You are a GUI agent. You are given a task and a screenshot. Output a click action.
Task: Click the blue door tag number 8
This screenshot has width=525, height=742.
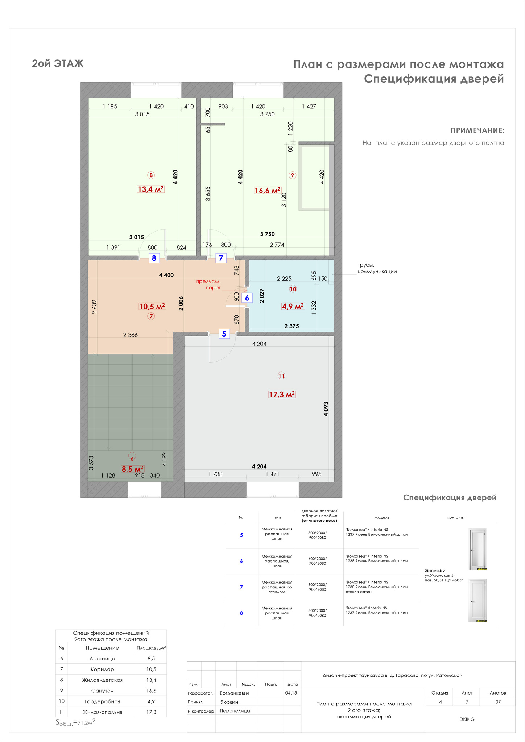pyautogui.click(x=154, y=258)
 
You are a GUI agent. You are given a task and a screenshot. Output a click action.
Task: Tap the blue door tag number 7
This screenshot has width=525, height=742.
pyautogui.click(x=221, y=258)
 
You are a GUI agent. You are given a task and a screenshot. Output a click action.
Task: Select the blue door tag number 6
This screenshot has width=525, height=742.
pyautogui.click(x=247, y=298)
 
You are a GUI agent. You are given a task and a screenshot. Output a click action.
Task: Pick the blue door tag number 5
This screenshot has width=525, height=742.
pyautogui.click(x=224, y=334)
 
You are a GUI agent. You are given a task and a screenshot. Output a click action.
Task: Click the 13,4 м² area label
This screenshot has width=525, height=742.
pyautogui.click(x=151, y=189)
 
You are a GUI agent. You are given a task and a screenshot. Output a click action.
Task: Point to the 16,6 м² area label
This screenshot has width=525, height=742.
pyautogui.click(x=268, y=191)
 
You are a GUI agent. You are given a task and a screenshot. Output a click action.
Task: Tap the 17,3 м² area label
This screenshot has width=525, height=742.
pyautogui.click(x=282, y=394)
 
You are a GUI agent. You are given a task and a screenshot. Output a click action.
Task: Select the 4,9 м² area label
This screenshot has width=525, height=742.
pyautogui.click(x=293, y=307)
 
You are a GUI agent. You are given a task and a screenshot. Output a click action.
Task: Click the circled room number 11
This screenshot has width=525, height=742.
pyautogui.click(x=281, y=376)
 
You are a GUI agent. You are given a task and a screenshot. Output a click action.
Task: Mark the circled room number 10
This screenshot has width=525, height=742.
pyautogui.click(x=293, y=289)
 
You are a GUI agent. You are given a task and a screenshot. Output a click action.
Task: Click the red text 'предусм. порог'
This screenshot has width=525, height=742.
pyautogui.click(x=208, y=284)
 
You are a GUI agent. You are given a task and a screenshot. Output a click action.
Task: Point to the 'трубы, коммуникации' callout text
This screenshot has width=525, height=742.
pyautogui.click(x=377, y=268)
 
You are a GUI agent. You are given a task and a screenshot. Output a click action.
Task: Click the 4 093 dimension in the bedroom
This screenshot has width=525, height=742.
pyautogui.click(x=326, y=409)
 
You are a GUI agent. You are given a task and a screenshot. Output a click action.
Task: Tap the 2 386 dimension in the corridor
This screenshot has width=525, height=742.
pyautogui.click(x=131, y=335)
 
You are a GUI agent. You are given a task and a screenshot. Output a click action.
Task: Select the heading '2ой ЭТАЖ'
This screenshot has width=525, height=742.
pyautogui.click(x=58, y=64)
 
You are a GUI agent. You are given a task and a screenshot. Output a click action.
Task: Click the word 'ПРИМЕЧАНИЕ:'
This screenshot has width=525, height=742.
pyautogui.click(x=478, y=130)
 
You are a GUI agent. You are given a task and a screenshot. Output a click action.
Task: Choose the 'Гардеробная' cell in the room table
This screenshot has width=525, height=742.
pyautogui.click(x=102, y=702)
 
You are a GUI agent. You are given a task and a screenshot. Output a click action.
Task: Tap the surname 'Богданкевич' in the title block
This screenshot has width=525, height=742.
pyautogui.click(x=234, y=693)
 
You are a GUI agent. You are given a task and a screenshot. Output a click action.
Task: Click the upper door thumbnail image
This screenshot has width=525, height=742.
pyautogui.click(x=478, y=549)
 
